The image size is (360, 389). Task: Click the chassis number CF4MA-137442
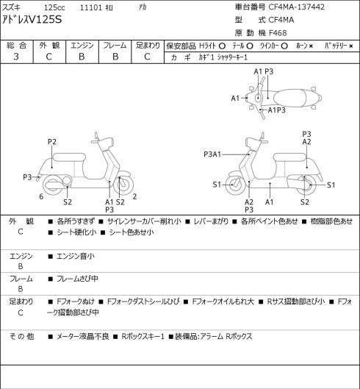click(x=297, y=7)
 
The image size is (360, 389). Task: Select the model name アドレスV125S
click(x=32, y=19)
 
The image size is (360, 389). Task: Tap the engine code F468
click(x=278, y=33)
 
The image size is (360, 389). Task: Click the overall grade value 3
click(x=16, y=57)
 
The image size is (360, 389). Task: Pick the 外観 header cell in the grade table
click(x=49, y=46)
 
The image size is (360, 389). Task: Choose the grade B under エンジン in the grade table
click(x=82, y=57)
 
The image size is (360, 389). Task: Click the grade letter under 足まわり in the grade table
click(x=147, y=57)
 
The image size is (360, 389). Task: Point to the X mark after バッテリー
click(x=351, y=46)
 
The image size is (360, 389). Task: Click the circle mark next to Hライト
click(x=222, y=46)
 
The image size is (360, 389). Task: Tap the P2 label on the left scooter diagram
click(x=52, y=142)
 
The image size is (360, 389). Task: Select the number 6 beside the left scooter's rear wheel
click(x=41, y=196)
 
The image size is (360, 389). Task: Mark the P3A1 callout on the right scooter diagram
click(x=212, y=154)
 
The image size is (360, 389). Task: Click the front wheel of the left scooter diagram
click(x=123, y=185)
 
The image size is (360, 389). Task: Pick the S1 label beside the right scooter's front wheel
click(x=217, y=185)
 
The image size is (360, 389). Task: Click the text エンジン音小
click(x=76, y=256)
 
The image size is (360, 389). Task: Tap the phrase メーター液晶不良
click(x=83, y=336)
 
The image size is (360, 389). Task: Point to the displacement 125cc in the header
click(x=54, y=7)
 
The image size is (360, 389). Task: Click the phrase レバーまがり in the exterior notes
click(x=211, y=221)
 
